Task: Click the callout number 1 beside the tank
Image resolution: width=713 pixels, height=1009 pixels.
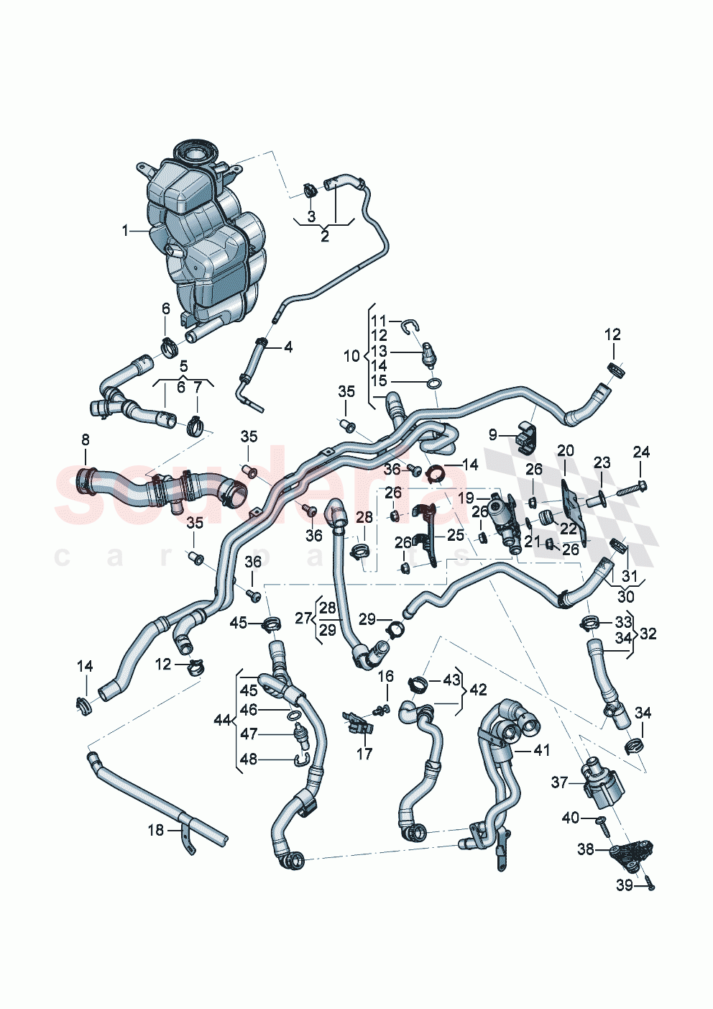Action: click(x=125, y=231)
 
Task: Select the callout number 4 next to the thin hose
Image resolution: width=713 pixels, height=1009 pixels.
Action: click(x=287, y=347)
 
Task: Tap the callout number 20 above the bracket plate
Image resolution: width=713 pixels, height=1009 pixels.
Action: click(x=565, y=450)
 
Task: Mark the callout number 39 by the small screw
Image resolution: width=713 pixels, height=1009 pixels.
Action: click(x=624, y=885)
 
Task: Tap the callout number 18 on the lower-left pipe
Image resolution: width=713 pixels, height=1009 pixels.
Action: click(x=156, y=830)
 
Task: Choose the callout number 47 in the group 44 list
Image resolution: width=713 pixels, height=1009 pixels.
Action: click(x=248, y=734)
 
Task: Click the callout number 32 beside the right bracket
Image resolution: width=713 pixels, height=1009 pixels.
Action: click(x=648, y=634)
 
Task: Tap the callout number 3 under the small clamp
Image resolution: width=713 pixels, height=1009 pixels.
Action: click(x=311, y=216)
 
